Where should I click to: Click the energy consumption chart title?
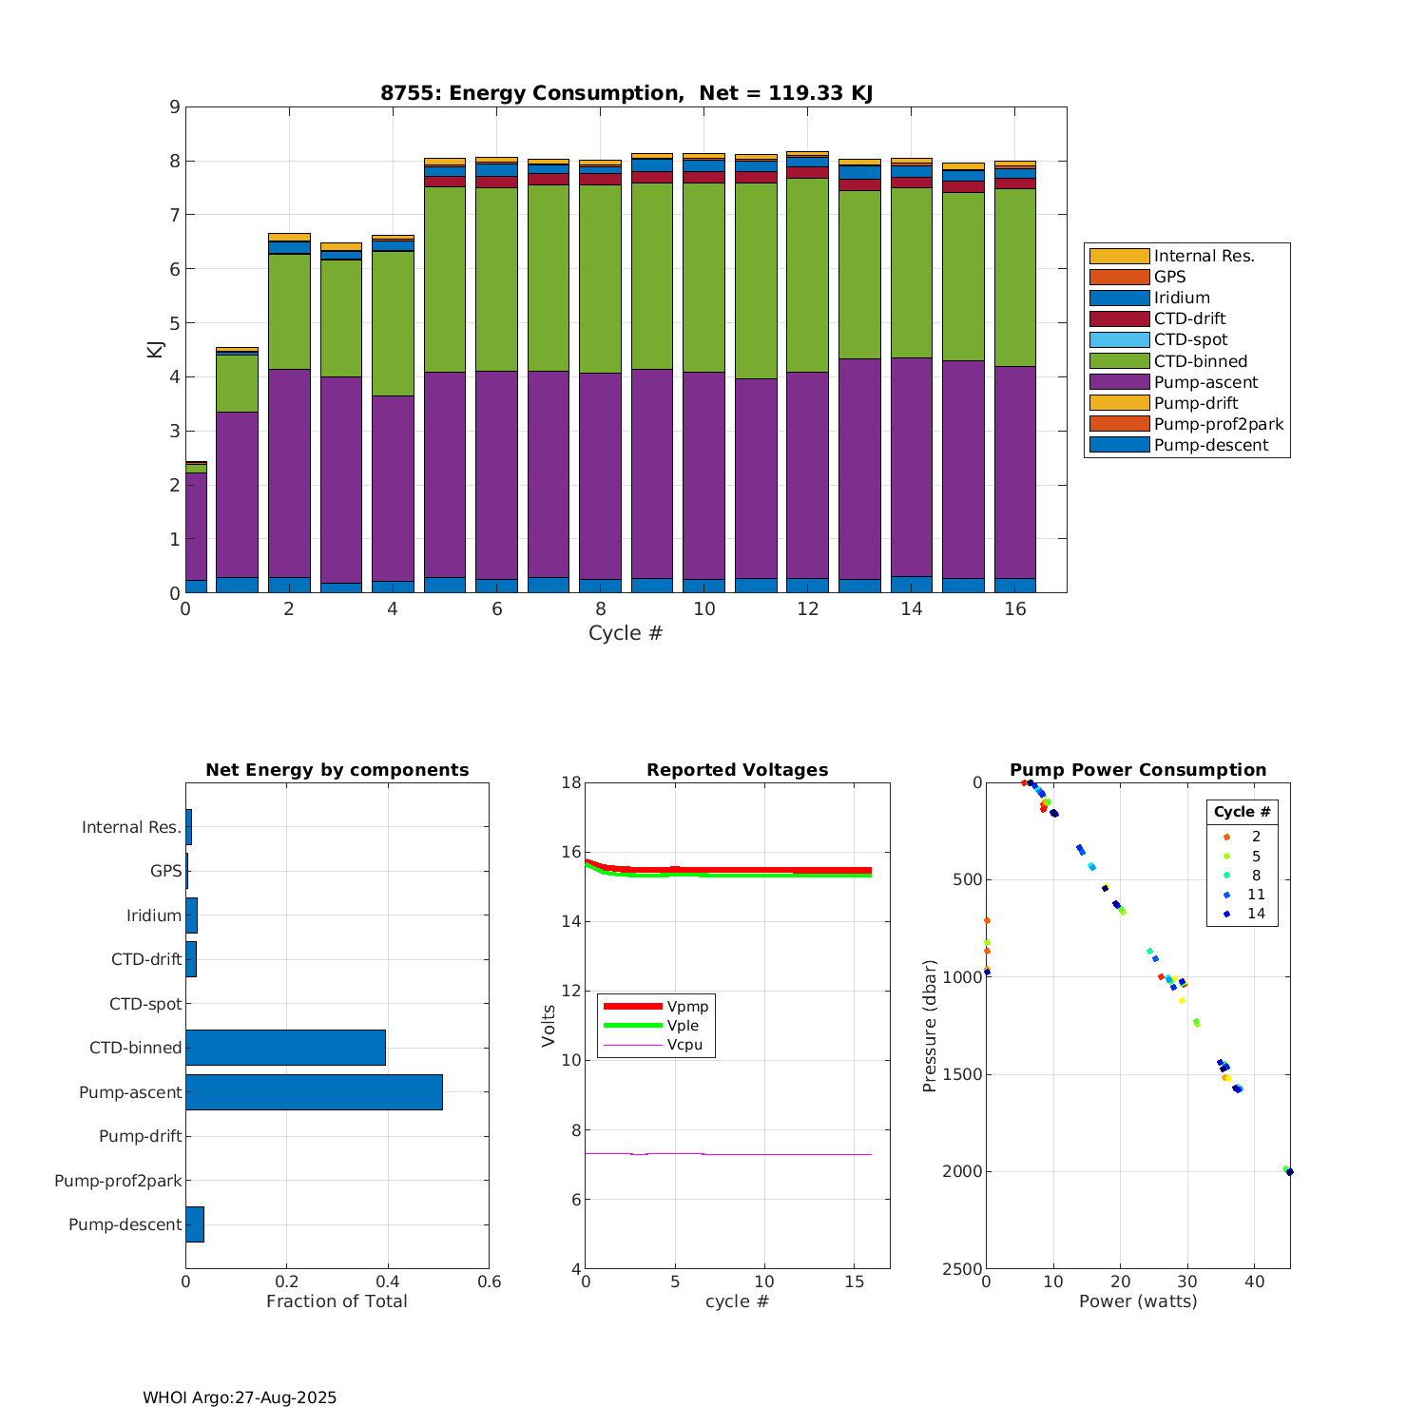point(626,93)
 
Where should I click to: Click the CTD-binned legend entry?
point(1200,361)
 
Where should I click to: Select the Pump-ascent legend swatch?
point(1119,382)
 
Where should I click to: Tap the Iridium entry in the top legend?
point(1182,298)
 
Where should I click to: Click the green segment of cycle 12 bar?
point(807,276)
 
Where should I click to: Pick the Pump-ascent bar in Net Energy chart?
point(314,1092)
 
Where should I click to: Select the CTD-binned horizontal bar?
point(285,1048)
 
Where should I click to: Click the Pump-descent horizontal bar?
point(195,1224)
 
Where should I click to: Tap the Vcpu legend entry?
point(684,1045)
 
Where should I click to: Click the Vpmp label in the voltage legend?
point(687,1007)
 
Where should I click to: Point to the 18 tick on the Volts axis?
point(570,782)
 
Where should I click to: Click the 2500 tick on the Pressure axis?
point(962,1269)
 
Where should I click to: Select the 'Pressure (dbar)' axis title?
point(930,1026)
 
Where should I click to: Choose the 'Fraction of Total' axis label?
point(337,1301)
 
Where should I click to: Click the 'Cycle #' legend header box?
point(1242,812)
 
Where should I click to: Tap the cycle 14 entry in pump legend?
point(1256,914)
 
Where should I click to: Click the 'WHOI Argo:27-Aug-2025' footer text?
point(240,1397)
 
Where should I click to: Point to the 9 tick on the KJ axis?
point(174,106)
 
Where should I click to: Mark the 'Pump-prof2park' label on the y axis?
point(118,1181)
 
